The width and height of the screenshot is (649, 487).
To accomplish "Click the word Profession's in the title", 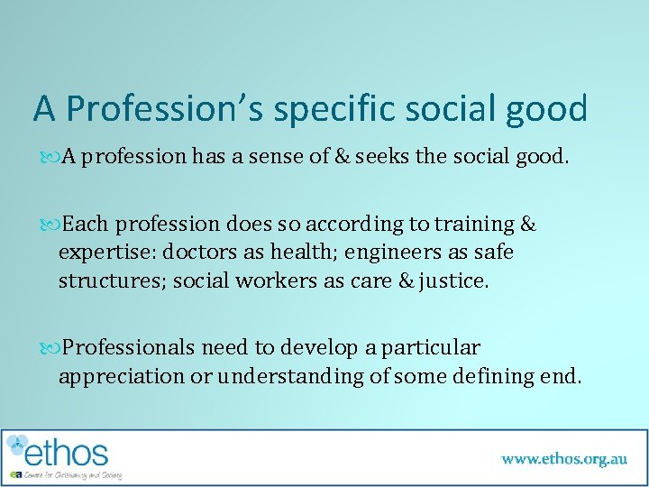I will click(x=167, y=109).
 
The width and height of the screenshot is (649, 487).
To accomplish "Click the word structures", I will click(x=111, y=281).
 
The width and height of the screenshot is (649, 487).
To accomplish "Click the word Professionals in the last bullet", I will click(x=129, y=347).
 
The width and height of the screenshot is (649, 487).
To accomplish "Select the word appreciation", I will click(x=120, y=376).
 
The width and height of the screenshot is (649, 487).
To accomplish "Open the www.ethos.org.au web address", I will click(x=564, y=458).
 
